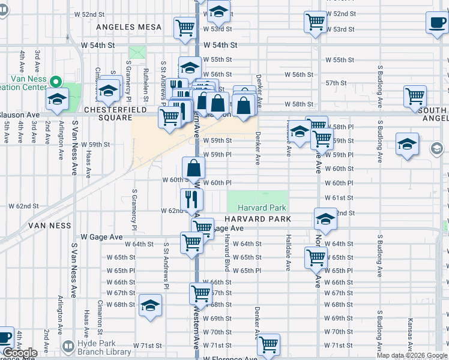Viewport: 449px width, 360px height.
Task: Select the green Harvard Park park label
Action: [258, 208]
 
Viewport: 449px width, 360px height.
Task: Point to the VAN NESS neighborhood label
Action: [50, 226]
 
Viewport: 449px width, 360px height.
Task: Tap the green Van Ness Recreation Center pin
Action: [56, 81]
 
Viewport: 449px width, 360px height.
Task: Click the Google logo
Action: [20, 353]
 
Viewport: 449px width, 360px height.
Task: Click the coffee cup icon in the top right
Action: [436, 22]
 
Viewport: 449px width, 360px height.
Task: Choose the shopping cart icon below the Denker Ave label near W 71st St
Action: [268, 344]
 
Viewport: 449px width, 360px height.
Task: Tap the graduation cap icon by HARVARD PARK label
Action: [325, 219]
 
